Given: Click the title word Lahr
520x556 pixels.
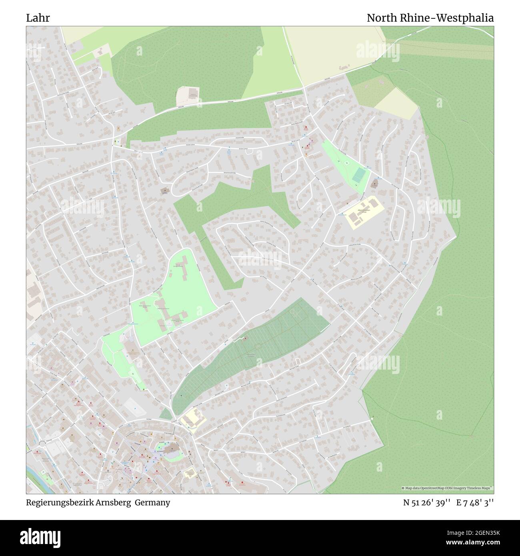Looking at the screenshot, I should point(38,18).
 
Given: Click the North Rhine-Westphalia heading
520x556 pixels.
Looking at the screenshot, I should point(430,18).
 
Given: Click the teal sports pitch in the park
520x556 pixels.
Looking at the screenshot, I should point(359,174).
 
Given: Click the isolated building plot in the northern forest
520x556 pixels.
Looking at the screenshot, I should point(188,96).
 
